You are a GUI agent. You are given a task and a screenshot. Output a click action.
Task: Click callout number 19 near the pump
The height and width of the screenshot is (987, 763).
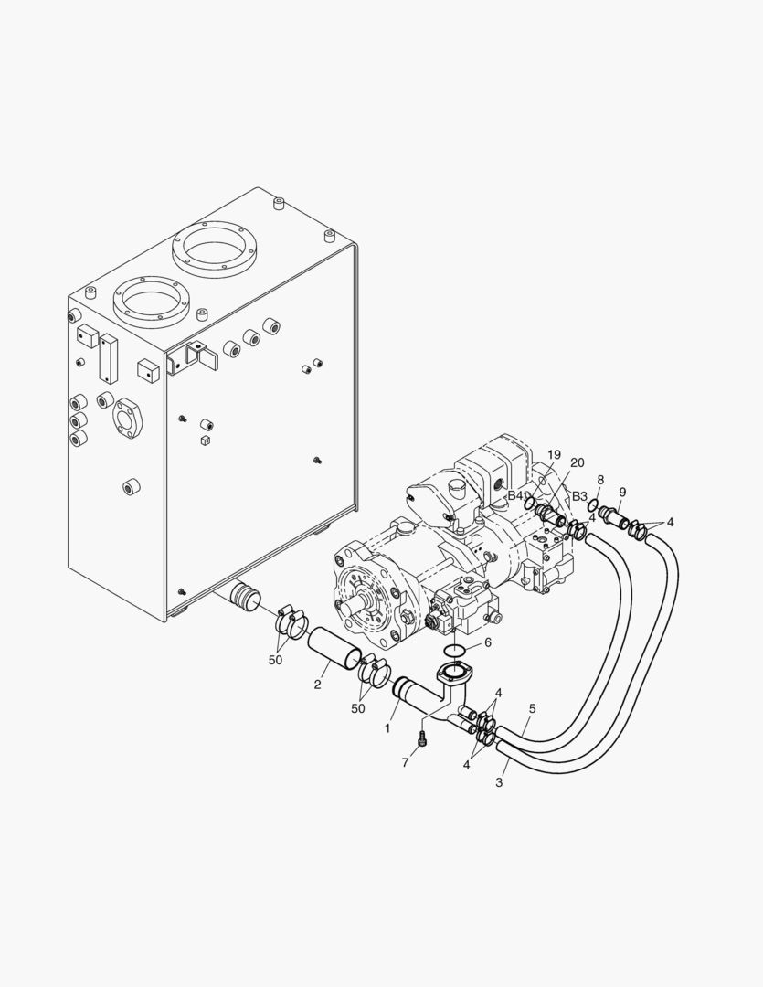[554, 454]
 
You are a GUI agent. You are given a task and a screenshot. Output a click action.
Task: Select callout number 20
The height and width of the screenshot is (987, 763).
[576, 462]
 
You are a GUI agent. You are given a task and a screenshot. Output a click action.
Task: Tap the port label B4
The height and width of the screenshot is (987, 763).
[516, 495]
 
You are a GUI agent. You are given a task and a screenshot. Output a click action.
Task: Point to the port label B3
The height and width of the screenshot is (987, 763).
[579, 496]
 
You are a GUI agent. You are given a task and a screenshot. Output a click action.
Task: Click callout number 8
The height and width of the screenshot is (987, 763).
[599, 480]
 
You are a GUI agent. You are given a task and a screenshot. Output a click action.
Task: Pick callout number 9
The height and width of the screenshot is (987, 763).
[622, 491]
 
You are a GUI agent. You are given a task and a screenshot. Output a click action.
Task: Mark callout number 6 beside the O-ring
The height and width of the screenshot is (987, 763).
[487, 642]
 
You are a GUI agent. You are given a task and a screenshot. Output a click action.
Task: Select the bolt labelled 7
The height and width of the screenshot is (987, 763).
[422, 738]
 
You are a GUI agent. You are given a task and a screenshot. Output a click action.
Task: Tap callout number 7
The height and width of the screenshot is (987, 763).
[405, 762]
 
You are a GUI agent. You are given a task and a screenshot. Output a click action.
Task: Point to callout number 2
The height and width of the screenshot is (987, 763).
[316, 685]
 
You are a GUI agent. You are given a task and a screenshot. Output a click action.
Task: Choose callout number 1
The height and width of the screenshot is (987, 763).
[388, 728]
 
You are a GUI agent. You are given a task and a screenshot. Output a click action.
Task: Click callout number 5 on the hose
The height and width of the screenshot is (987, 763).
[532, 708]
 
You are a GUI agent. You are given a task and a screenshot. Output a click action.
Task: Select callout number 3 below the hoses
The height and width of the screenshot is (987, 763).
[499, 782]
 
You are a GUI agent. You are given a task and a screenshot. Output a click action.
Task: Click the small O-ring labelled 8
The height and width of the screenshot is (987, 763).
[593, 505]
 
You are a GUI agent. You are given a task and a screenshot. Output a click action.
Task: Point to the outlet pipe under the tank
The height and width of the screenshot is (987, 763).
[241, 598]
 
